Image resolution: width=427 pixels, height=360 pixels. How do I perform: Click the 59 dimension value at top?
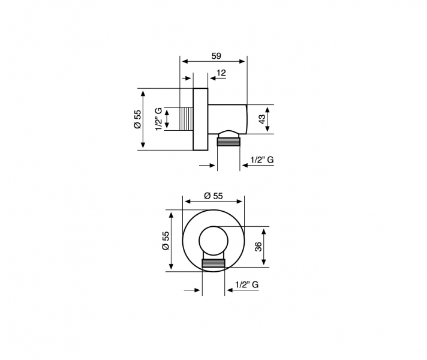(x=216, y=56)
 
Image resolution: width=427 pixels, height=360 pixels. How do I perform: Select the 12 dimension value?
(x=221, y=73)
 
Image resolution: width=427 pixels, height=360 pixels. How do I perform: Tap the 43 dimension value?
(x=261, y=119)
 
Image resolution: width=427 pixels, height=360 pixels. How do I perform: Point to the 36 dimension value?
(x=258, y=247)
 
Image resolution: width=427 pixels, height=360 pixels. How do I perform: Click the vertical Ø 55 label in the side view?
(x=137, y=119)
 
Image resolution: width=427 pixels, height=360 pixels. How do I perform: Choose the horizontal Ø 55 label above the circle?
(x=213, y=196)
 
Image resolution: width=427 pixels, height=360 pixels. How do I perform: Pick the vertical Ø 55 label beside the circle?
(x=166, y=241)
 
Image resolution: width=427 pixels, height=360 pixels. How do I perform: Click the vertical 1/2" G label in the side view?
(x=158, y=119)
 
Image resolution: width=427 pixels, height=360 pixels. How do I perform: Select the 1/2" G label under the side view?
(x=261, y=160)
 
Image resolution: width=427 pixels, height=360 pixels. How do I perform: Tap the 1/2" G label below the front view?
(x=246, y=284)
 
